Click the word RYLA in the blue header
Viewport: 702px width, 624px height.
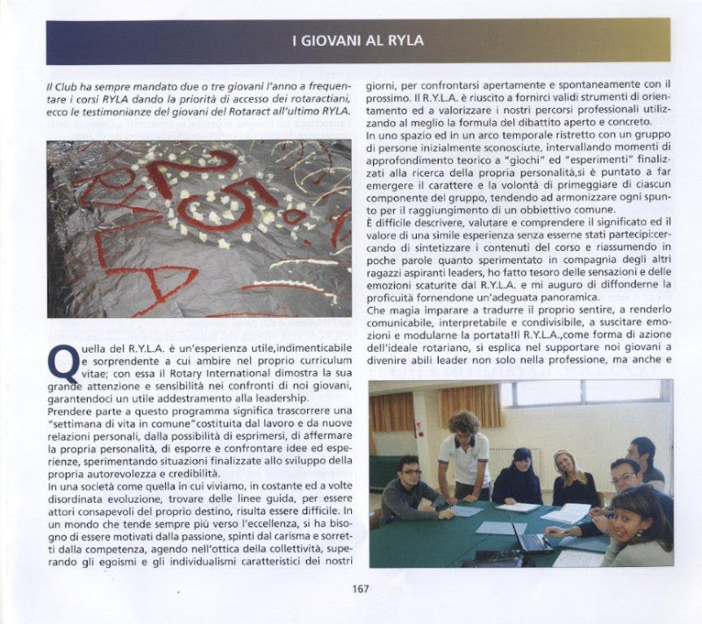(x=403, y=40)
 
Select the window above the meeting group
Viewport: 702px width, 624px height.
(x=579, y=392)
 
